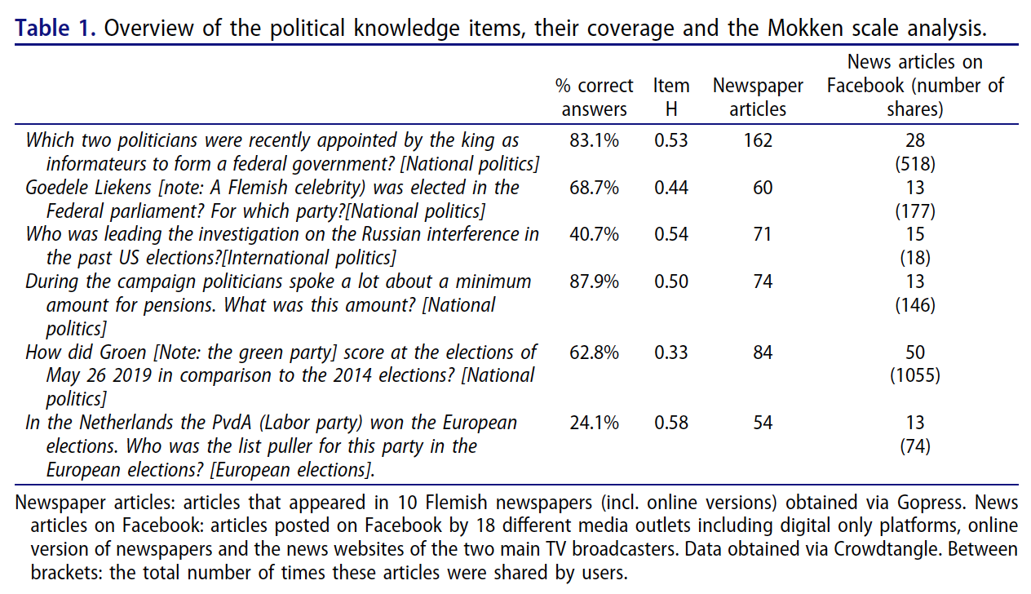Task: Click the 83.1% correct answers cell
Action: (x=594, y=140)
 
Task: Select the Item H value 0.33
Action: (x=670, y=352)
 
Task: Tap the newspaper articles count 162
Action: (x=757, y=140)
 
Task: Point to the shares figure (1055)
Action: (x=915, y=376)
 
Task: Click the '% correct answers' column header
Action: (x=594, y=97)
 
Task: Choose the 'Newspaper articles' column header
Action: (x=758, y=97)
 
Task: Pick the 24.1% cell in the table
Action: (x=594, y=423)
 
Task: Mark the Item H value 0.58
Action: (x=670, y=423)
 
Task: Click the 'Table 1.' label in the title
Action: (x=56, y=29)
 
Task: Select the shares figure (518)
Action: (x=915, y=164)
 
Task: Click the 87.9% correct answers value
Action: (x=594, y=281)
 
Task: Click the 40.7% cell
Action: (x=594, y=234)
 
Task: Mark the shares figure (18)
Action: (x=915, y=258)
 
